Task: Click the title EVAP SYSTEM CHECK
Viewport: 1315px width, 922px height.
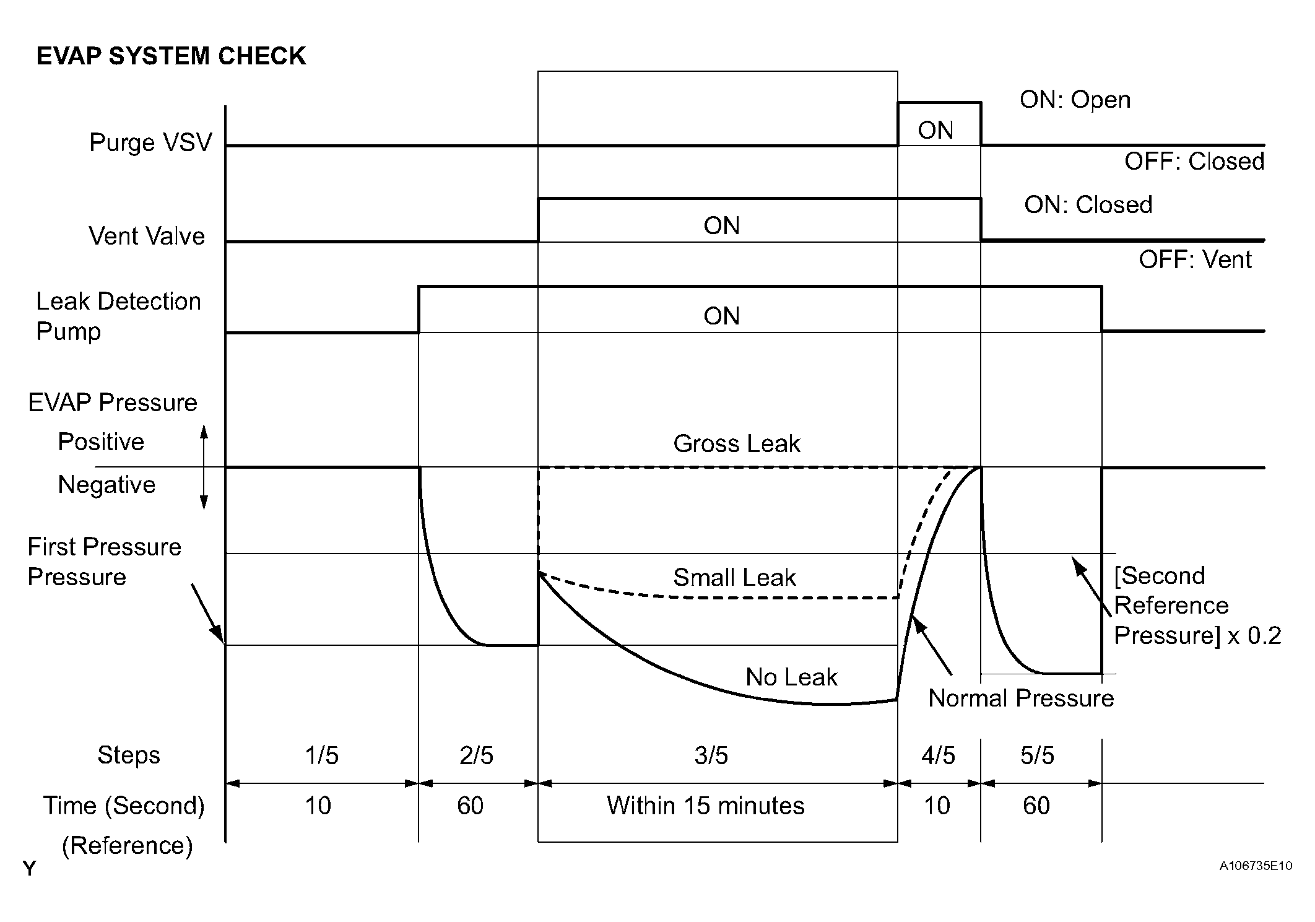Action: tap(171, 56)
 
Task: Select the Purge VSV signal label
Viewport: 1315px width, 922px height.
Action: tap(150, 142)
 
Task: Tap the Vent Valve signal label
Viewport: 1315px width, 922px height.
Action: tap(147, 236)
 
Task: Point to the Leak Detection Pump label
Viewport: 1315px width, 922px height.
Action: tap(118, 316)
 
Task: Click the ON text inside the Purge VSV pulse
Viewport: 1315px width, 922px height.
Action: tap(935, 130)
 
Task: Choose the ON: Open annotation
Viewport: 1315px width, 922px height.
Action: tap(1075, 100)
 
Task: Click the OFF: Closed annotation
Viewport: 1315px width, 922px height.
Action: tap(1194, 161)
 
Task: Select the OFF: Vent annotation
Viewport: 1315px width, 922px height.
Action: tap(1195, 259)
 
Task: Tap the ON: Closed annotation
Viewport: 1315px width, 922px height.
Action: tap(1088, 204)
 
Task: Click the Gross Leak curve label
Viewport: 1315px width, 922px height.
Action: tap(737, 443)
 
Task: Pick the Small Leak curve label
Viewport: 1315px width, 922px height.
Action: tap(734, 577)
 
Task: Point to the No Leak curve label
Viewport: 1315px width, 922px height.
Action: tap(791, 677)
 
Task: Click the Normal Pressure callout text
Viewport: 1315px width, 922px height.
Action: tap(1021, 698)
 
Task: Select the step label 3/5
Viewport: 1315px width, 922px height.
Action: tap(711, 755)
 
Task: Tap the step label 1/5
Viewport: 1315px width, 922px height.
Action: tap(321, 755)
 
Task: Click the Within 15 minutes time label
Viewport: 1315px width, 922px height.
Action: tap(705, 806)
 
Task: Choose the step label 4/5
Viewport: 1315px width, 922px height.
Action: tap(938, 755)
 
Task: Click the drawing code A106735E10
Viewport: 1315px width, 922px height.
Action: tap(1256, 866)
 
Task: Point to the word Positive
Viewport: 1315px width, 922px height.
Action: tap(101, 441)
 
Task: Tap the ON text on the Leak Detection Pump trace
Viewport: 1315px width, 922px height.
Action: tap(721, 316)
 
